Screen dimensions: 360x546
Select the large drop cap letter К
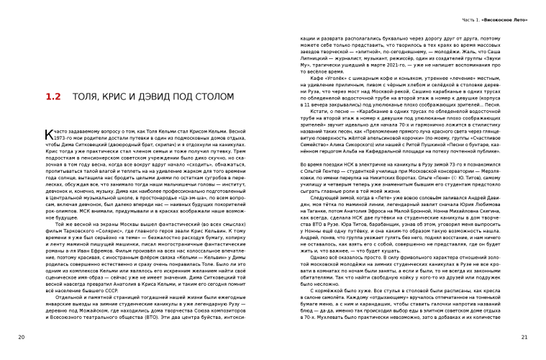[x=47, y=135]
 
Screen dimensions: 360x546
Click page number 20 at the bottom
[x=22, y=337]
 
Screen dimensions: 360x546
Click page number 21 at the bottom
[x=524, y=337]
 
